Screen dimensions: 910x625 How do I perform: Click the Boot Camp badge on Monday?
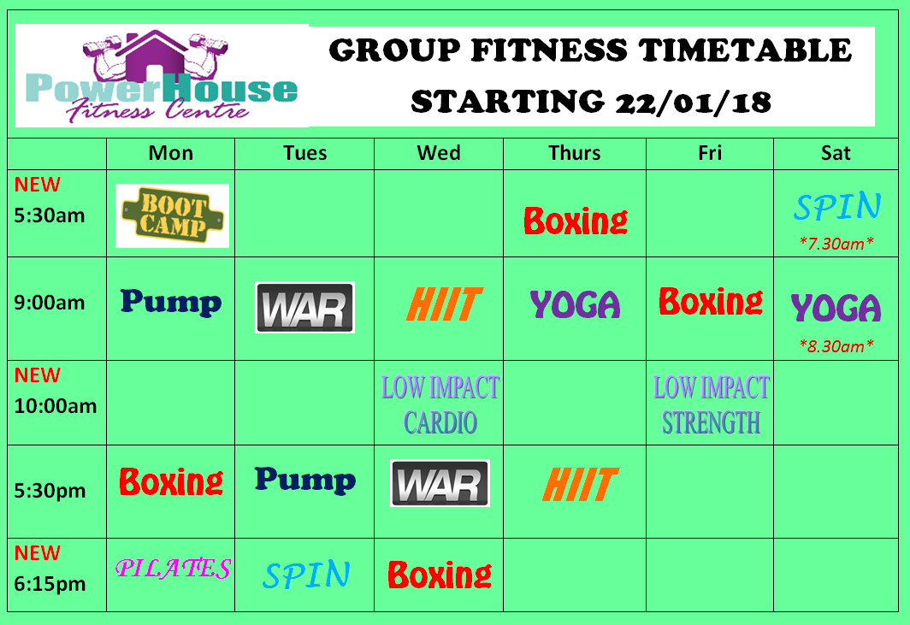click(173, 215)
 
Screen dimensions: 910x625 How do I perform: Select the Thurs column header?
click(575, 153)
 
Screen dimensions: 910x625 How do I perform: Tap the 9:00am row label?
click(50, 303)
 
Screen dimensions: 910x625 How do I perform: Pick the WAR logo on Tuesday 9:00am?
click(304, 308)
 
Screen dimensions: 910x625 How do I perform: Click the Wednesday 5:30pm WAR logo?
click(440, 483)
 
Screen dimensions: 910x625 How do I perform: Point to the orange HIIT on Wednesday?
click(444, 304)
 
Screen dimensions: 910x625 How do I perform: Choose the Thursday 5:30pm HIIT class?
click(581, 484)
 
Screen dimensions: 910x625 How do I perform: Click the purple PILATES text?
click(173, 568)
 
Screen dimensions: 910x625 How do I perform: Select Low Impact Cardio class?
click(440, 405)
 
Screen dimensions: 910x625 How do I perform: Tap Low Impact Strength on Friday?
click(711, 405)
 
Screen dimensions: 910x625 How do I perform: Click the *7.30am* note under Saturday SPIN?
click(836, 244)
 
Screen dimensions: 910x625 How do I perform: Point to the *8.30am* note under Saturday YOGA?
click(836, 346)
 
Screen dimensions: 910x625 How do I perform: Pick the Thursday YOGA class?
click(575, 304)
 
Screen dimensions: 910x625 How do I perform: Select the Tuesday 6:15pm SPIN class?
click(306, 575)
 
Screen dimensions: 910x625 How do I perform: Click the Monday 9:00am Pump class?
click(171, 303)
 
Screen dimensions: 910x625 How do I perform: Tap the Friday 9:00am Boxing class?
click(711, 302)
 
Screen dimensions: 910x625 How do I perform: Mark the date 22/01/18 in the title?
click(694, 103)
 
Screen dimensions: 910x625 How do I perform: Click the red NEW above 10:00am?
click(37, 374)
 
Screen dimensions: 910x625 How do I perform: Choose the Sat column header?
click(836, 153)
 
